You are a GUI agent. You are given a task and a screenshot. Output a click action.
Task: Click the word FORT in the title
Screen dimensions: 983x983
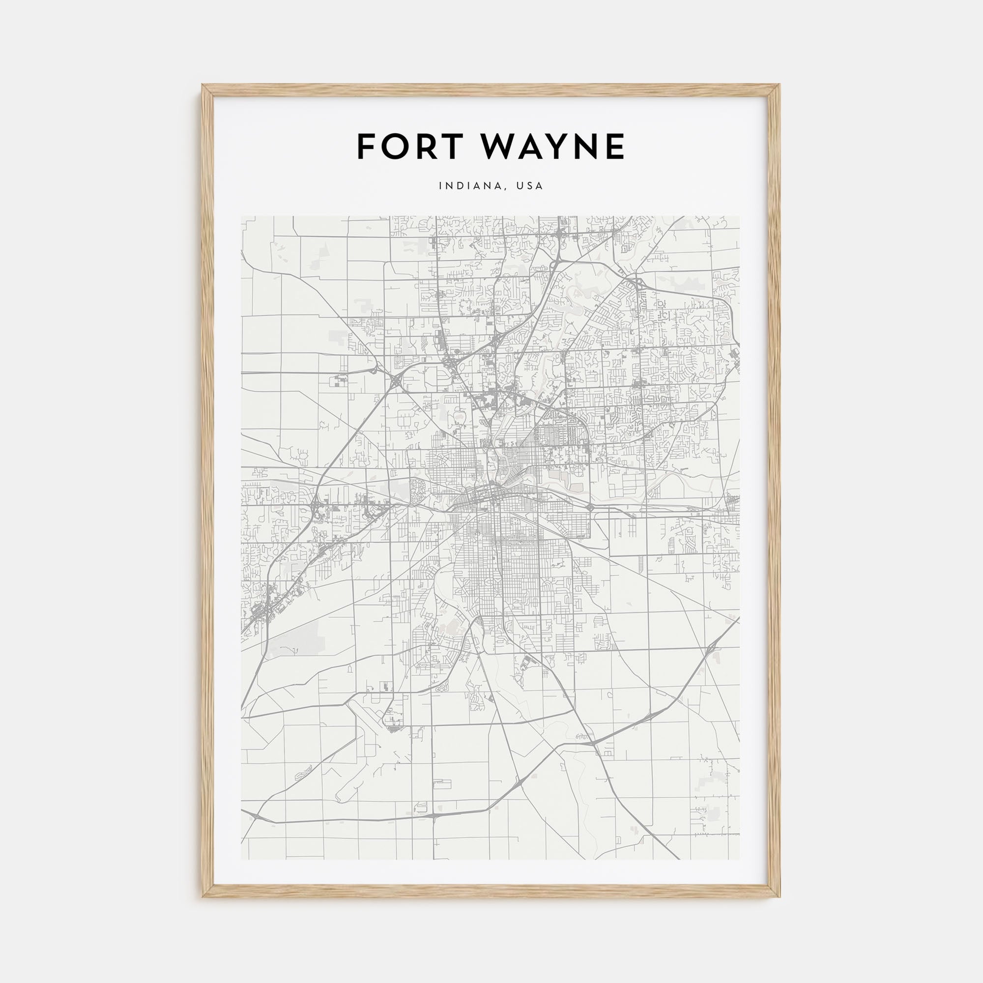pyautogui.click(x=411, y=146)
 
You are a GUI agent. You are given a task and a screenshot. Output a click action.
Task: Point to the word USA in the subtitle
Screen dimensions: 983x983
pyautogui.click(x=530, y=186)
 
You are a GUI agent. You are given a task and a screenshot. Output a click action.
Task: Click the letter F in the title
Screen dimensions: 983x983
pyautogui.click(x=367, y=146)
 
